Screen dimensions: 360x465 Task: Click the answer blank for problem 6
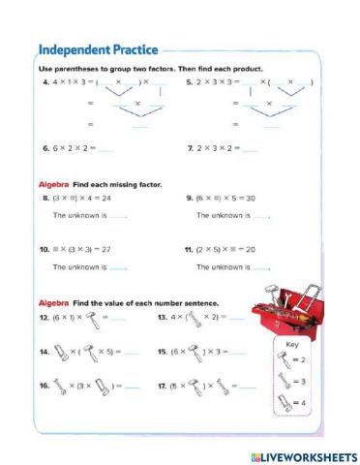(105, 150)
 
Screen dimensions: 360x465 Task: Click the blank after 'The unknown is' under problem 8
(118, 215)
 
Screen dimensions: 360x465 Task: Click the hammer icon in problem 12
(94, 318)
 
